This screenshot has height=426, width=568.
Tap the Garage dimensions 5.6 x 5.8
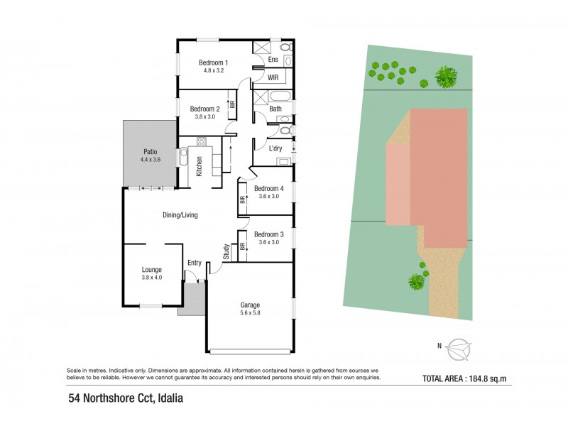[x=249, y=313]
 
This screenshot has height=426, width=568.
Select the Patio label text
[x=150, y=151]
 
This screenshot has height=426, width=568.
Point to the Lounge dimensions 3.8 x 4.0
[x=151, y=278]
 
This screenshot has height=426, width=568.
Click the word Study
[x=226, y=251]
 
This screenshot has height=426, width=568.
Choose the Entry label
[x=195, y=263]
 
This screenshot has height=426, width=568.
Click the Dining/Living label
[x=180, y=214]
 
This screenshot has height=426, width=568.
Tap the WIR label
[x=273, y=77]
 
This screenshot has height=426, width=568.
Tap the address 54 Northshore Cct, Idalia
[x=126, y=398]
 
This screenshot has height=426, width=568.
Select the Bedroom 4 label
[x=269, y=188]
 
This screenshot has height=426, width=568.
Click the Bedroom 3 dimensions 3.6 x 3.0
[x=268, y=242]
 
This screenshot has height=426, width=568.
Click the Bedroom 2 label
[x=204, y=109]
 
